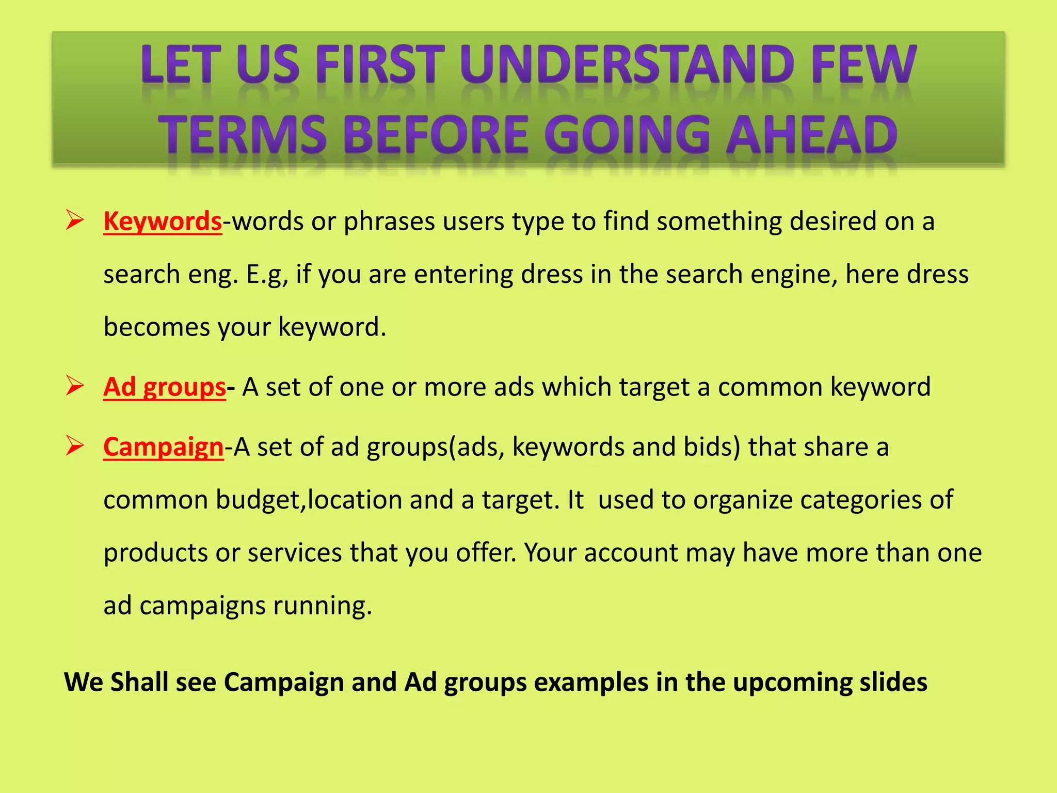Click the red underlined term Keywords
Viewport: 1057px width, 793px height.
click(x=163, y=221)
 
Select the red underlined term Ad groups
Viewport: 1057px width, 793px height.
click(x=165, y=387)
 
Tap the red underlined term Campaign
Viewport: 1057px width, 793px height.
click(x=164, y=447)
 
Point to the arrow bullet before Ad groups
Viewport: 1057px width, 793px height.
click(x=75, y=386)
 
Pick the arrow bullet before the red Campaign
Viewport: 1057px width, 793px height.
click(x=75, y=446)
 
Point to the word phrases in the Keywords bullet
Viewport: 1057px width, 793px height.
click(x=390, y=221)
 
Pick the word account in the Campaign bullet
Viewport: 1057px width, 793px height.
click(x=631, y=553)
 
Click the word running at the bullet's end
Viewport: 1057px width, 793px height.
click(x=322, y=606)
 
